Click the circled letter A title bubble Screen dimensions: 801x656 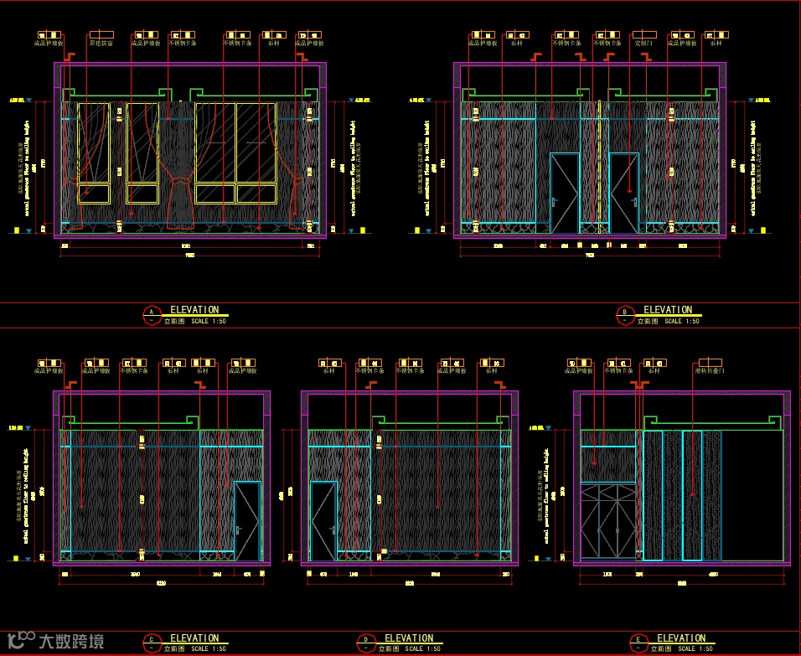pyautogui.click(x=152, y=314)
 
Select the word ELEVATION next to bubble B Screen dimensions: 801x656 pyautogui.click(x=668, y=310)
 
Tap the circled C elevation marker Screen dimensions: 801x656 pyautogui.click(x=152, y=643)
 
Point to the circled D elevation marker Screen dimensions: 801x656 pyautogui.click(x=366, y=643)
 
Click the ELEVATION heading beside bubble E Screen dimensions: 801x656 pyautogui.click(x=681, y=638)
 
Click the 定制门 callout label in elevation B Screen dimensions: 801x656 pyautogui.click(x=643, y=43)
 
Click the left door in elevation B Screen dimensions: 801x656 pyautogui.click(x=564, y=194)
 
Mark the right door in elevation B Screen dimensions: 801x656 pyautogui.click(x=624, y=194)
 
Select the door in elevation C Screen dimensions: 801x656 pyautogui.click(x=248, y=521)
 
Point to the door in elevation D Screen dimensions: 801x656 pyautogui.click(x=323, y=521)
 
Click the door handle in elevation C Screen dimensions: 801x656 pyautogui.click(x=239, y=529)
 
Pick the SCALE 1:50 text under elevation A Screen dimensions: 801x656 pyautogui.click(x=209, y=321)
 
